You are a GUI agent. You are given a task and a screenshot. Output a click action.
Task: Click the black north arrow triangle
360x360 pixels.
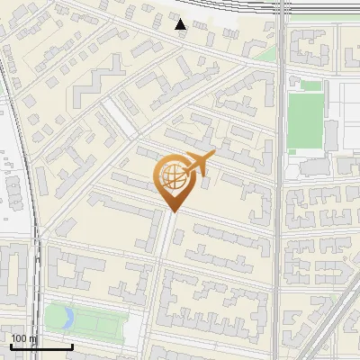(181, 24)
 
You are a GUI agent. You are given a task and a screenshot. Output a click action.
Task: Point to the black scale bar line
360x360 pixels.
(40, 346)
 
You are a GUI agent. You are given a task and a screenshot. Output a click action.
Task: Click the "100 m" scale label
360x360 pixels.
(24, 338)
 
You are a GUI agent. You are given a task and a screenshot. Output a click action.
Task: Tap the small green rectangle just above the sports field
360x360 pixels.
(310, 85)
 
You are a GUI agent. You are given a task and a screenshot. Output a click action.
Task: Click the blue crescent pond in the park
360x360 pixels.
(58, 316)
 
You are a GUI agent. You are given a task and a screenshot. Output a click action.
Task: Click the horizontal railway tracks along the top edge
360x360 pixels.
(270, 11)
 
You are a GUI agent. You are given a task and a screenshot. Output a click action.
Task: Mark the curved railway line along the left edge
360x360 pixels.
(31, 180)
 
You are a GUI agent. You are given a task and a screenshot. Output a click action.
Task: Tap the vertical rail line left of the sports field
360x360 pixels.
(281, 135)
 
